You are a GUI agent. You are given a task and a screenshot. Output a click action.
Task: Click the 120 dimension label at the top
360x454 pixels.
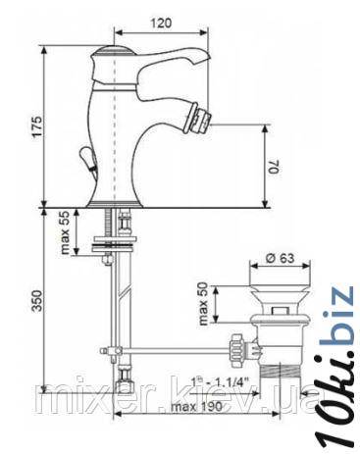pyautogui.click(x=161, y=24)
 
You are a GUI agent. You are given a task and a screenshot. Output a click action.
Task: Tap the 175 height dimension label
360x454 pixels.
pyautogui.click(x=37, y=126)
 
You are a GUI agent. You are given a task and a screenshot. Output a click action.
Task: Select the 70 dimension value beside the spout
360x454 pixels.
pyautogui.click(x=274, y=167)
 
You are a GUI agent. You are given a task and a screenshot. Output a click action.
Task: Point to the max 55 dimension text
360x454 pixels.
pyautogui.click(x=66, y=232)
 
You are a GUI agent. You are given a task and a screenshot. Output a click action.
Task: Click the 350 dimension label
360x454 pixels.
pyautogui.click(x=37, y=301)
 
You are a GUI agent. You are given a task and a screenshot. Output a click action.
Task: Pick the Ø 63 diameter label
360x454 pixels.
pyautogui.click(x=280, y=258)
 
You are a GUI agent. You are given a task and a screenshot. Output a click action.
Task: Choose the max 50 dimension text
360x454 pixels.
pyautogui.click(x=203, y=304)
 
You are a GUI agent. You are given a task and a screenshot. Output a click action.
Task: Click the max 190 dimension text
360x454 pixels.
pyautogui.click(x=196, y=407)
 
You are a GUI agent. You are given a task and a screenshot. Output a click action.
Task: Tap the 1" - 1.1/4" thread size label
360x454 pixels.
pyautogui.click(x=221, y=381)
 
